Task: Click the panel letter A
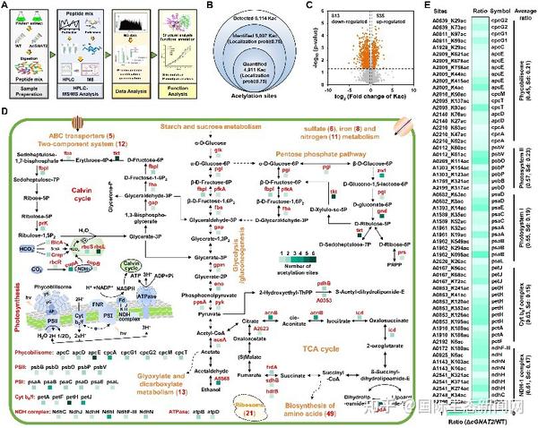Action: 5,5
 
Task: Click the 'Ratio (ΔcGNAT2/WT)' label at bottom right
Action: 486,420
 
